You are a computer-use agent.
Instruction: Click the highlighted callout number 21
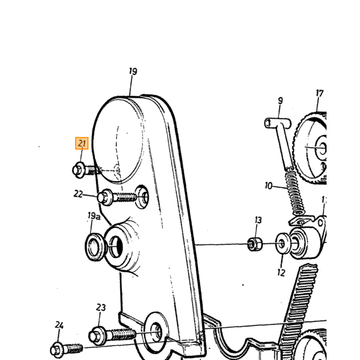click(82, 143)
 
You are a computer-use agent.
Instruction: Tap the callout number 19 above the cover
click(133, 71)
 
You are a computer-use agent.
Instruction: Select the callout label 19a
click(94, 216)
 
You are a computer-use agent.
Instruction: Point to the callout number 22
click(78, 194)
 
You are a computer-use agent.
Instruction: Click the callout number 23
click(101, 308)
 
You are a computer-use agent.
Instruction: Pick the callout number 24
click(59, 325)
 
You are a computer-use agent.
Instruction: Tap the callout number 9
click(280, 101)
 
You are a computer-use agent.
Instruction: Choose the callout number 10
click(268, 186)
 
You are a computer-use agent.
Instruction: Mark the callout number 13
click(258, 220)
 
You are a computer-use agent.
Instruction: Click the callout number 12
click(281, 273)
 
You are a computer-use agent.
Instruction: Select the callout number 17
click(319, 93)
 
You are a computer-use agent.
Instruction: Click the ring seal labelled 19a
click(95, 247)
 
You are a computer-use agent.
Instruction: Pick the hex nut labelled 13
click(255, 244)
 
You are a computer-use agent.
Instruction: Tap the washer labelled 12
click(283, 243)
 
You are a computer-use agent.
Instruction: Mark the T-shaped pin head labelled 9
click(278, 123)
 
